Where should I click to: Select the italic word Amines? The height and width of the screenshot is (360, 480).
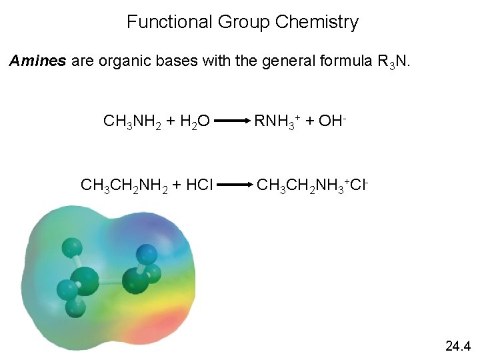click(37, 61)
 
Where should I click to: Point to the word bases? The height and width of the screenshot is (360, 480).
click(162, 61)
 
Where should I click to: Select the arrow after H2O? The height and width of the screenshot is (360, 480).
click(232, 122)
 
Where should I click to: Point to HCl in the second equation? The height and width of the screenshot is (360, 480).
click(198, 183)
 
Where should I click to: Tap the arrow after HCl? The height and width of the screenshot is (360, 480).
click(235, 184)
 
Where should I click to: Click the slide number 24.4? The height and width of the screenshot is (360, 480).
click(457, 346)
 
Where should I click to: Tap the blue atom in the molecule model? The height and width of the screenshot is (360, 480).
click(147, 254)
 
